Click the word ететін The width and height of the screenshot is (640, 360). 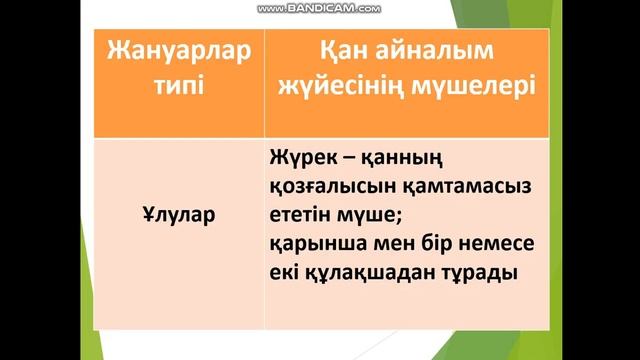point(301,213)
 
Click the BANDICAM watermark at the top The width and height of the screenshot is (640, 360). point(320,8)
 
